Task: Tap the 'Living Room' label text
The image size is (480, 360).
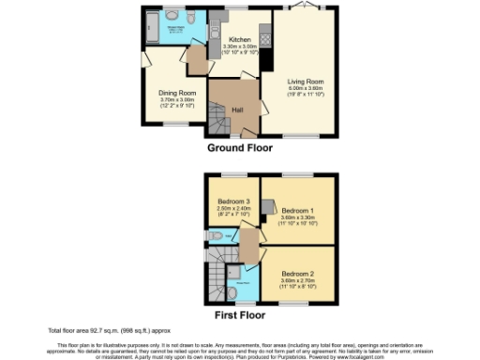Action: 305,82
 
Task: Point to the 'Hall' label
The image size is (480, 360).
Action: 239,112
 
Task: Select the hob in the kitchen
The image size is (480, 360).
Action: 264,38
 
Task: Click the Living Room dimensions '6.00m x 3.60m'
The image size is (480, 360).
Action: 305,88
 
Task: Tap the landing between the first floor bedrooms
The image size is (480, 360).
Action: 249,248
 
